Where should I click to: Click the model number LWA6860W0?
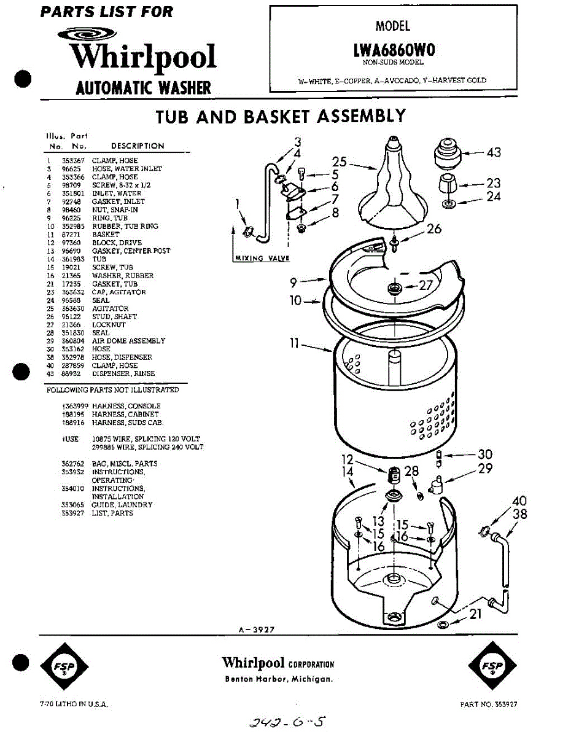[394, 50]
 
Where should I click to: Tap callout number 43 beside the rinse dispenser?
[494, 152]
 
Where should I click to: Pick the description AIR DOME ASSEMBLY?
[128, 341]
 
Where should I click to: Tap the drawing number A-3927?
[257, 629]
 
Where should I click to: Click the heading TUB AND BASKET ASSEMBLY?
[280, 115]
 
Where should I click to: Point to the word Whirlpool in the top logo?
[142, 57]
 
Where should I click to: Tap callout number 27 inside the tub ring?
[426, 286]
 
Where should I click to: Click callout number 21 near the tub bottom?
[475, 614]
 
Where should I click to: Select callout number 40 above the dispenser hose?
[519, 502]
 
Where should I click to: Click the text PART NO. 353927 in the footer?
[488, 704]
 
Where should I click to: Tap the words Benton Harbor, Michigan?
[279, 679]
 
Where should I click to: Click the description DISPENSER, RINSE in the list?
[123, 373]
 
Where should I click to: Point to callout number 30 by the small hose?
[485, 455]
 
